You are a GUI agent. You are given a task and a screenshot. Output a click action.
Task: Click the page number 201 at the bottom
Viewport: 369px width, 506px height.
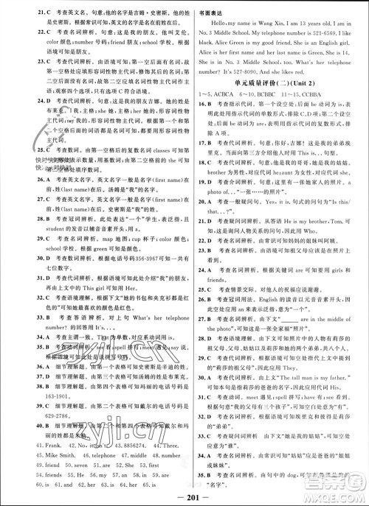184,493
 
